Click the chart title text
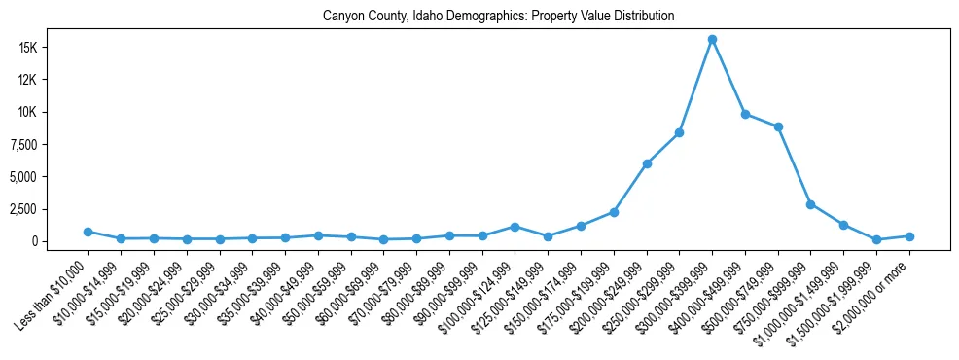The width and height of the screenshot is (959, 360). [x=498, y=17]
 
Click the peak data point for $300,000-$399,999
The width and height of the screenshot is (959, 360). [x=712, y=40]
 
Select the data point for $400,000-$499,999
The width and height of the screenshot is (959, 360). [x=745, y=114]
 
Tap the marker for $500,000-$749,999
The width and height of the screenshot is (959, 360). [x=778, y=126]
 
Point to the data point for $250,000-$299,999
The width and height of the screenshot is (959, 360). [x=679, y=132]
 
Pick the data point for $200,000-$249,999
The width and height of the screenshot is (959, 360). [x=647, y=163]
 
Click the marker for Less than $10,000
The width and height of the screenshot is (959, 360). [x=88, y=232]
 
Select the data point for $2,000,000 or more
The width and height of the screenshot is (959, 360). [x=909, y=236]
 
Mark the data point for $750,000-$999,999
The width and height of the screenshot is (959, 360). [x=810, y=204]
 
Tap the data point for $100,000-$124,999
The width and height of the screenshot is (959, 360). [x=515, y=227]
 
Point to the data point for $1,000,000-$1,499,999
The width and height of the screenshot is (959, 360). [x=843, y=225]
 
